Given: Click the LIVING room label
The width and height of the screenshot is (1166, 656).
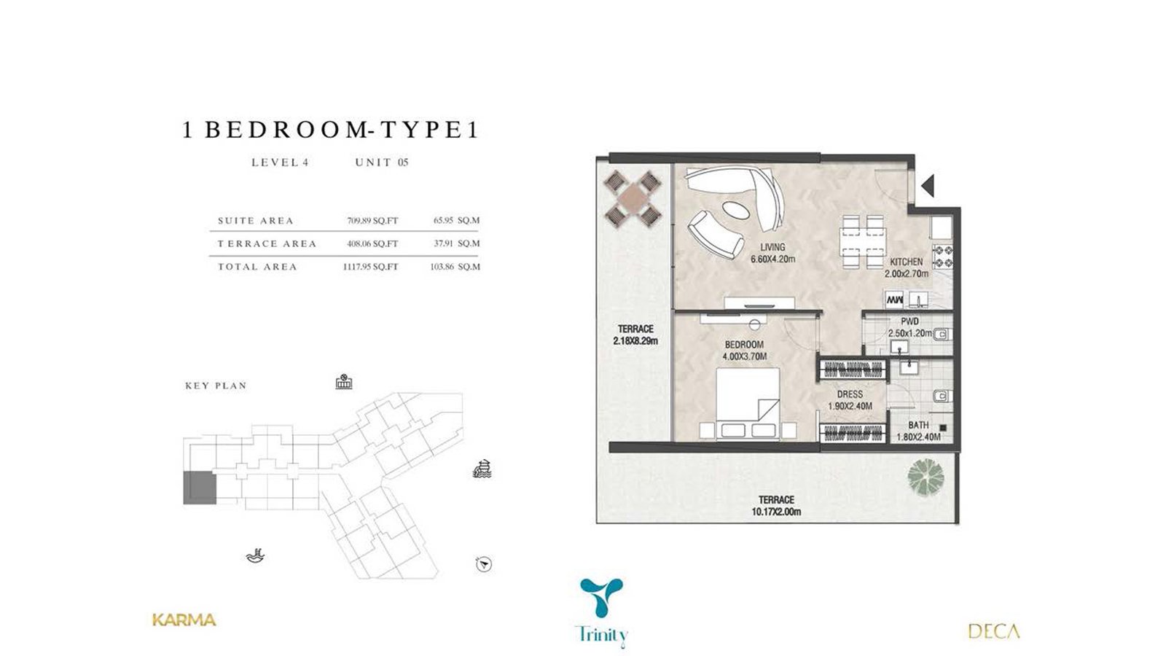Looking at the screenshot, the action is tap(772, 247).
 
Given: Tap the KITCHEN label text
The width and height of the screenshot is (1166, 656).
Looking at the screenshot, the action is tap(907, 262).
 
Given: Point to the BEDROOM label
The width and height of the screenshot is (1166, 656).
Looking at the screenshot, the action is tap(744, 345).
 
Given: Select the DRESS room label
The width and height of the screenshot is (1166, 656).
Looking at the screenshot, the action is tap(850, 394).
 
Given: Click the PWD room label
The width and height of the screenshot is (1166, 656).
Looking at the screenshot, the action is tap(910, 321).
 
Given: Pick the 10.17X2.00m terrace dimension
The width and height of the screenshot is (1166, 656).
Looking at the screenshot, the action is tap(776, 512).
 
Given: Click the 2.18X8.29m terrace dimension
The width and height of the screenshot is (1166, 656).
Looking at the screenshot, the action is tap(635, 342).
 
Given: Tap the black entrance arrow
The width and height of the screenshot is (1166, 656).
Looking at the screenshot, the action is tap(928, 186).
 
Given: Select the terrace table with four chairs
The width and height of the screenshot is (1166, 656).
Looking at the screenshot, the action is tap(632, 198).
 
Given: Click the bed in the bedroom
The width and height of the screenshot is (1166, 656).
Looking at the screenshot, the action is tap(748, 405).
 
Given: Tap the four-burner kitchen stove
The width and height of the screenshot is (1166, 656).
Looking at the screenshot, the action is tap(943, 257).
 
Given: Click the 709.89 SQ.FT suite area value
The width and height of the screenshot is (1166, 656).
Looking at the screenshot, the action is tap(372, 221).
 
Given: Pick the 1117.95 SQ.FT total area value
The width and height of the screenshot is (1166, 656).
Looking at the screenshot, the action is tap(371, 267).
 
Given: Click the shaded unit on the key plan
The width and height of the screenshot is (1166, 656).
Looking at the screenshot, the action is tap(200, 488).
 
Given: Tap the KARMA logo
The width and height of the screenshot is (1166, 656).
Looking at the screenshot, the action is tap(184, 620).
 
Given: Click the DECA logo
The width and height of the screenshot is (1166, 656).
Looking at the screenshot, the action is tap(994, 631).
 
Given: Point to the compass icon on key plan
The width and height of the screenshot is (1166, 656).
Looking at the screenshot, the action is tap(484, 564).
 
